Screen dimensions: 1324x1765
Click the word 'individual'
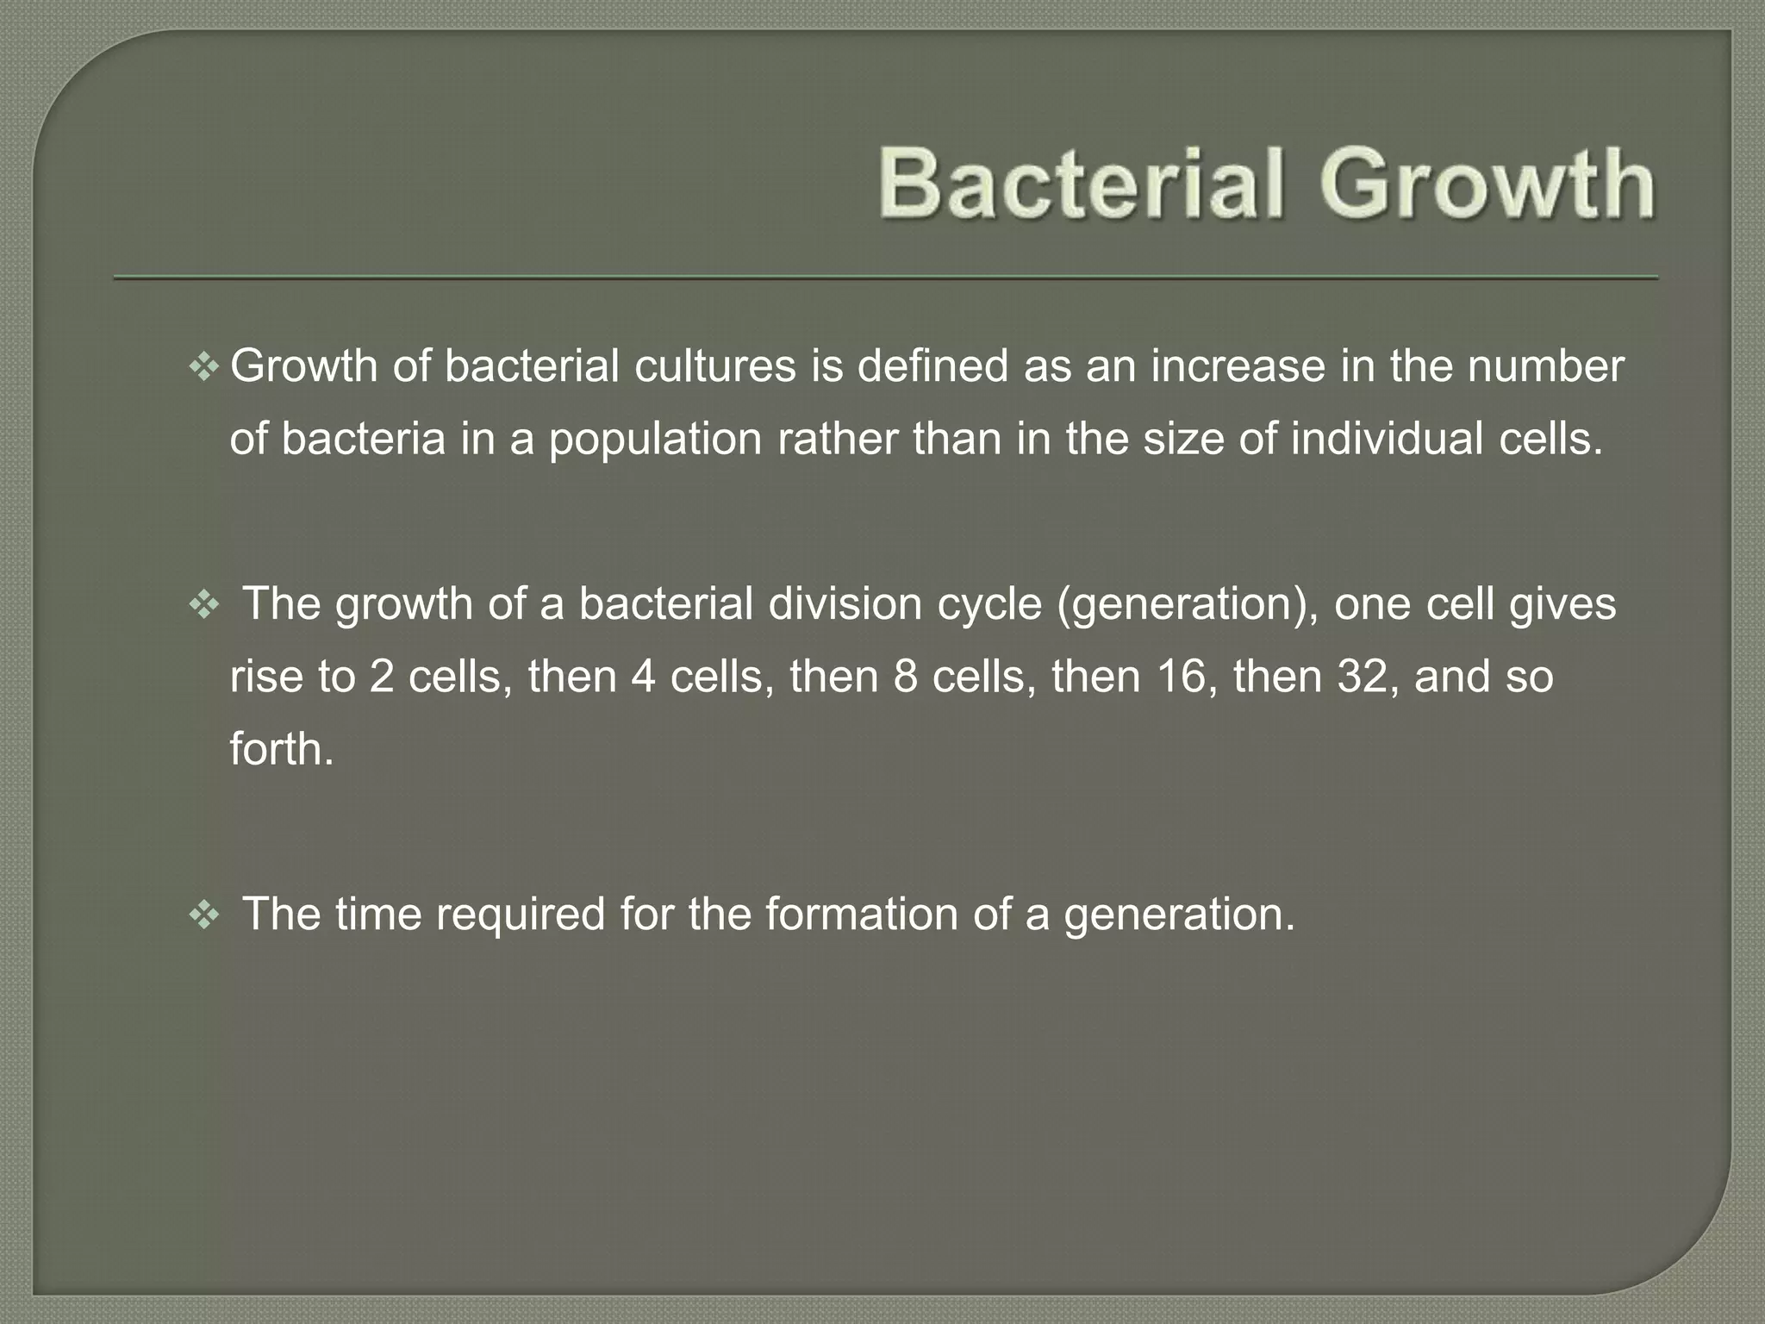[x=1388, y=439]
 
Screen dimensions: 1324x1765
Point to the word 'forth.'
[x=281, y=748]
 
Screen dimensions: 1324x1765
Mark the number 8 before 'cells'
[x=906, y=677]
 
